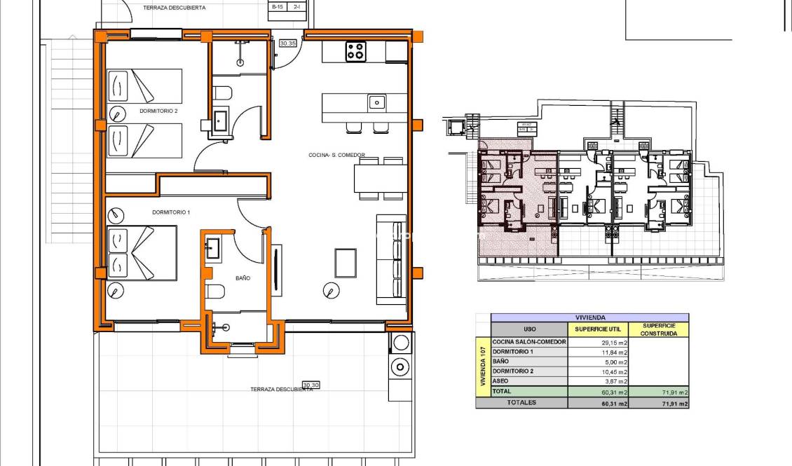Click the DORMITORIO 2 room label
[x=158, y=111]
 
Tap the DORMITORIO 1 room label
[x=171, y=212]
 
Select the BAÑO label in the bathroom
[x=243, y=278]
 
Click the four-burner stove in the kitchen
[x=355, y=52]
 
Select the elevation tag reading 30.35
[x=287, y=43]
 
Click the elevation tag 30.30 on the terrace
[x=311, y=385]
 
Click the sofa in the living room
[x=391, y=259]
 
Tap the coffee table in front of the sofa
[x=345, y=263]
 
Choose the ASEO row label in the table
[x=501, y=381]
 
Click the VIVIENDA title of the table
[x=589, y=317]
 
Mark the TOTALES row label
[x=521, y=403]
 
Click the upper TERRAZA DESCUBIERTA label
[x=174, y=8]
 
